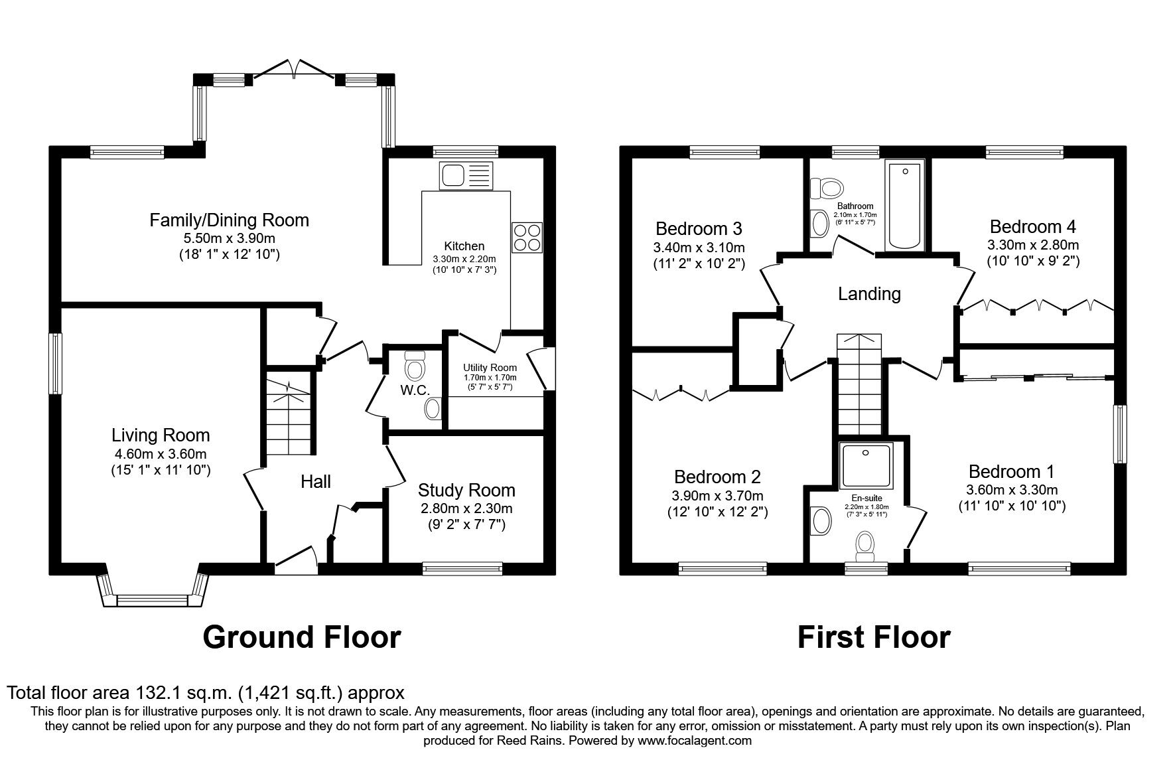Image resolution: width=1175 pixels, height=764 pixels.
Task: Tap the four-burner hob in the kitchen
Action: click(x=527, y=237)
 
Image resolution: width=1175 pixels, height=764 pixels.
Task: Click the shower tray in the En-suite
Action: click(x=866, y=469)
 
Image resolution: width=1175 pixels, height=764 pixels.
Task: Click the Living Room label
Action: click(x=161, y=435)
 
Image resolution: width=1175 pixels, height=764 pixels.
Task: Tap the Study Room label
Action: click(x=466, y=490)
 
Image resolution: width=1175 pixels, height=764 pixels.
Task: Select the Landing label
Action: click(x=869, y=293)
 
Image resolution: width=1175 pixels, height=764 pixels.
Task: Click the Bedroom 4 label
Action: click(x=1033, y=226)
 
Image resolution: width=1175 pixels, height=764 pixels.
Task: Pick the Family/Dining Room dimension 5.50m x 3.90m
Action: click(x=230, y=238)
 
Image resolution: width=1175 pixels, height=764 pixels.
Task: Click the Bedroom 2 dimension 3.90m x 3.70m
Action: click(x=717, y=496)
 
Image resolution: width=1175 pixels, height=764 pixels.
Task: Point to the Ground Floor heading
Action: click(x=302, y=637)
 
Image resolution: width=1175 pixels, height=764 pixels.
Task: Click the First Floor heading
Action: click(x=874, y=637)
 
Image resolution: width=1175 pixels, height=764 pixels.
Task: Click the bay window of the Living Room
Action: click(x=153, y=589)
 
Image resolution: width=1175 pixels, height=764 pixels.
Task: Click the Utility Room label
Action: click(x=490, y=368)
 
